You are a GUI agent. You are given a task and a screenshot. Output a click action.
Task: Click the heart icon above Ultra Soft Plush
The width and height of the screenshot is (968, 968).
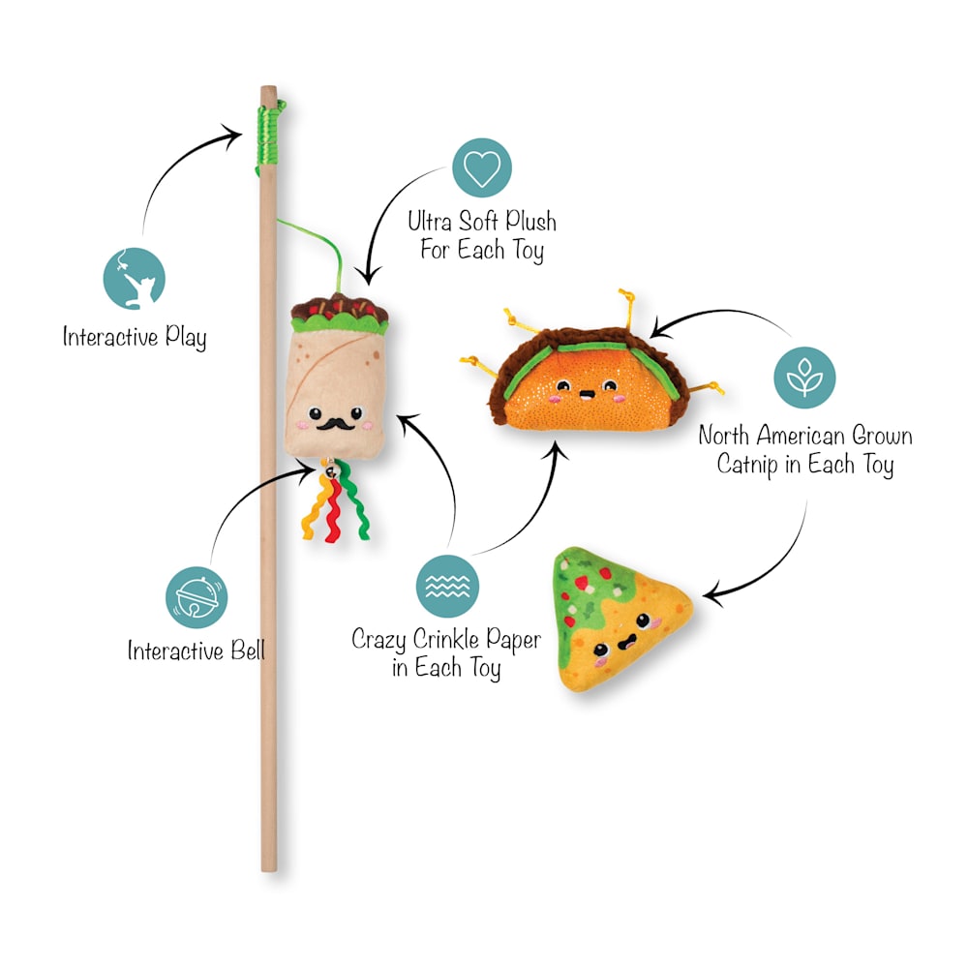(482, 167)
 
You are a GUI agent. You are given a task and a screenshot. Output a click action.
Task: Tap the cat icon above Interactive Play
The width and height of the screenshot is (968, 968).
(134, 279)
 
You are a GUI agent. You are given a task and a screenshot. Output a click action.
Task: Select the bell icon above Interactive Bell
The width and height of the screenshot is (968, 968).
(197, 597)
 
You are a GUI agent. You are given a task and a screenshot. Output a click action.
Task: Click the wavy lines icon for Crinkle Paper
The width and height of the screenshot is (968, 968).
(447, 586)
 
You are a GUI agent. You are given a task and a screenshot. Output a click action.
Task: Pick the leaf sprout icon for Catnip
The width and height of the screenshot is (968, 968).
(804, 378)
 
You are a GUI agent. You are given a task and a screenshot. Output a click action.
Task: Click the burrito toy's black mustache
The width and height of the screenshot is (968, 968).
(335, 424)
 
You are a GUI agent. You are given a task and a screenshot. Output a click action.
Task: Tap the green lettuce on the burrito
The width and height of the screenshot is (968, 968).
(341, 321)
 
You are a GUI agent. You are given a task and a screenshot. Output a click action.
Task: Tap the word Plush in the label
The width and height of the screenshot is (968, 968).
(530, 221)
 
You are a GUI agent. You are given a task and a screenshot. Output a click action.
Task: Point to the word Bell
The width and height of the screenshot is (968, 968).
(248, 650)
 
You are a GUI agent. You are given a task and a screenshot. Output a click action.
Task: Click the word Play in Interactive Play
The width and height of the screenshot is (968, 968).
(185, 338)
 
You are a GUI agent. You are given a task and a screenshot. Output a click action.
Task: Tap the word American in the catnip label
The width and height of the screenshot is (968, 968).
(801, 436)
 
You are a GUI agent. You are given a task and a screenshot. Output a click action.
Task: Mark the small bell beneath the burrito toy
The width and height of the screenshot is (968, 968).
(331, 470)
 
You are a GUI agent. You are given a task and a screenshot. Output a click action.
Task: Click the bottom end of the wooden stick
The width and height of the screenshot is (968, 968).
(269, 869)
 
